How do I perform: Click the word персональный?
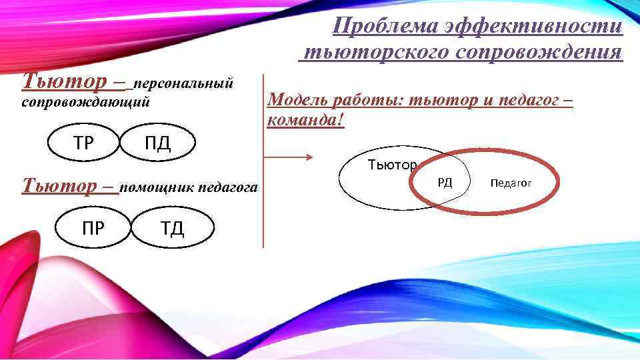click(183, 84)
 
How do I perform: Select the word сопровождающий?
click(86, 103)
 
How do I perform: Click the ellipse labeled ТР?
click(83, 142)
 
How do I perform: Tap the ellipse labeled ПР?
click(93, 227)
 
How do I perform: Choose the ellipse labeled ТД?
click(173, 227)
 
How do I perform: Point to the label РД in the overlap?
click(445, 182)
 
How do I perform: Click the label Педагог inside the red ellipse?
click(511, 182)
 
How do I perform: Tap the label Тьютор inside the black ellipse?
click(393, 165)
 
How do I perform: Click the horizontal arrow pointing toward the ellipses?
click(288, 157)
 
